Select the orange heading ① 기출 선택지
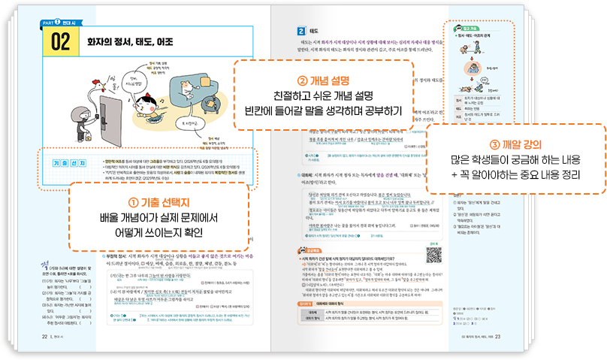coord(158,203)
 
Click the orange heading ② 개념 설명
coord(324,76)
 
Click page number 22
coord(44,337)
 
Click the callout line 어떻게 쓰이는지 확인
coord(159,233)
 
